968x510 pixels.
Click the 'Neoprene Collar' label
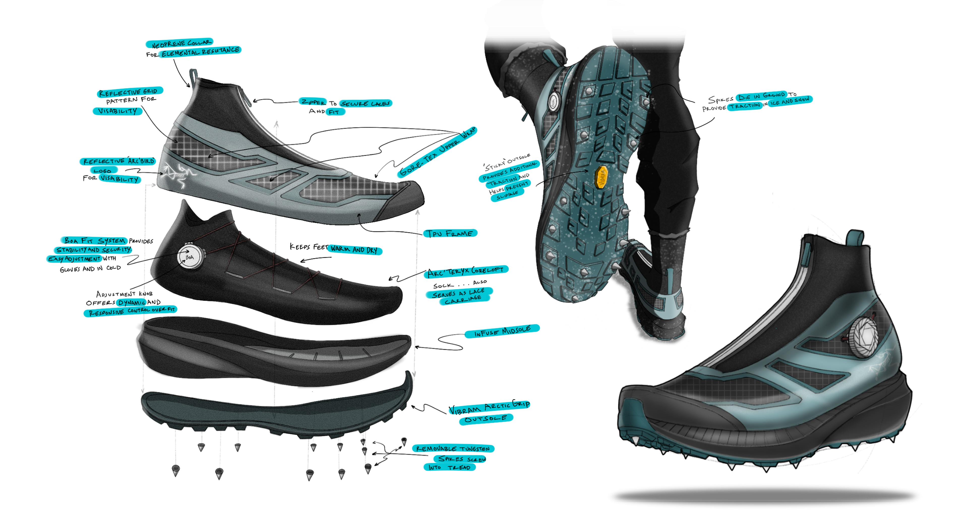click(180, 43)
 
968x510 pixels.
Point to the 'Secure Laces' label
click(366, 103)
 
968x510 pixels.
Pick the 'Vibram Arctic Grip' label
click(490, 407)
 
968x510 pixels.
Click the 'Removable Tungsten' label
click(453, 448)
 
